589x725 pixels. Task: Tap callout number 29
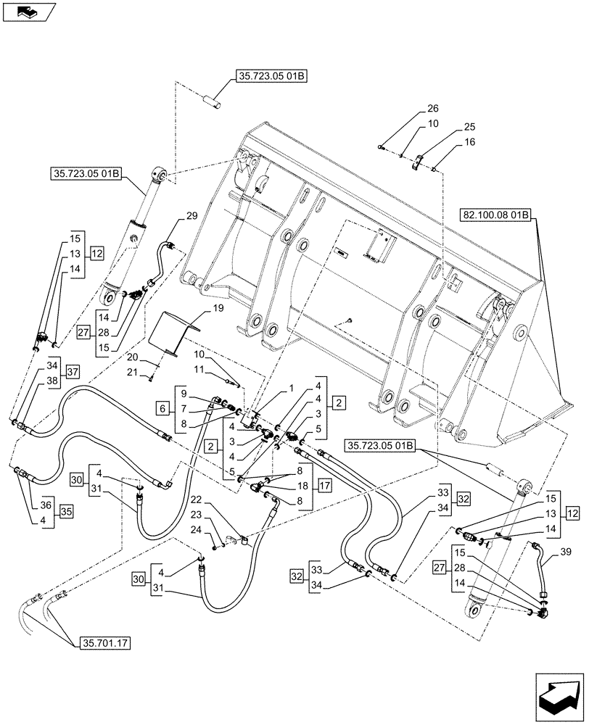191,216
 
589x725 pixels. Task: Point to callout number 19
197,308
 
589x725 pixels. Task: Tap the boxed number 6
161,409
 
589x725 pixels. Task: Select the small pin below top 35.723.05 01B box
215,99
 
